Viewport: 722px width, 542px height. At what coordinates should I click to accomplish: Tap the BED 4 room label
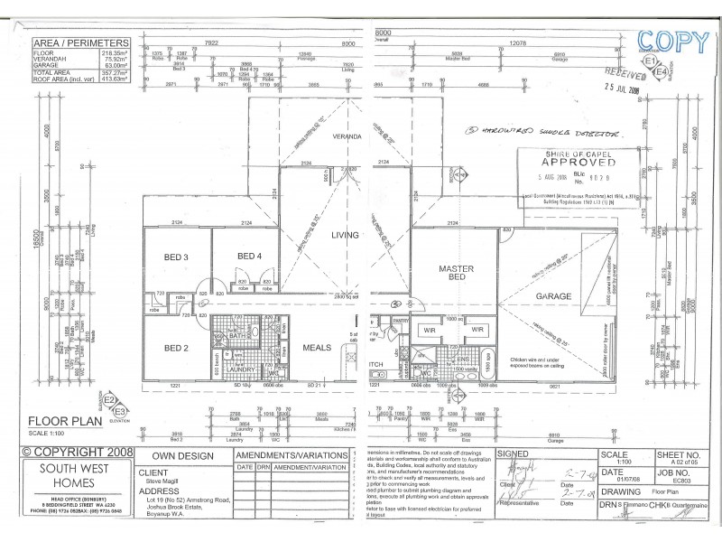(x=248, y=257)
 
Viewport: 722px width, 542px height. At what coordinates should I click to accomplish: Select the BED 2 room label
(x=176, y=347)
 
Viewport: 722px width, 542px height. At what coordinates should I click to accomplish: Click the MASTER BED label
(x=457, y=275)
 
